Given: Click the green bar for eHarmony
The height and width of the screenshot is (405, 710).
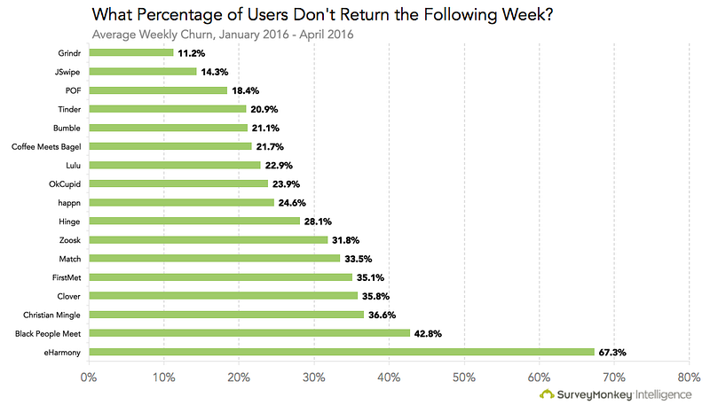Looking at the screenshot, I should (x=341, y=352).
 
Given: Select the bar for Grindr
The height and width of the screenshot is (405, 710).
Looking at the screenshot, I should (x=130, y=52).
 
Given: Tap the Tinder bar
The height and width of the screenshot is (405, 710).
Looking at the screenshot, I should (x=167, y=108).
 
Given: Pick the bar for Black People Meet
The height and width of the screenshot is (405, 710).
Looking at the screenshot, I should (x=248, y=333).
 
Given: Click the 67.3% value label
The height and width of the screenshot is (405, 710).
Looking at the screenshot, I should (x=613, y=352).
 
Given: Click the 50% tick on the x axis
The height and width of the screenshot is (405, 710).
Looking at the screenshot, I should (x=464, y=378).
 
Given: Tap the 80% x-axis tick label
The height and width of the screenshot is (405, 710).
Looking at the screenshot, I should (x=689, y=378).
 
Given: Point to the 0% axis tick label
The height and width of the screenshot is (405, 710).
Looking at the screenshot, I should (x=88, y=378).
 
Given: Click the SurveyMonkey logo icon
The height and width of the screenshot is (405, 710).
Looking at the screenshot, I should (x=547, y=394).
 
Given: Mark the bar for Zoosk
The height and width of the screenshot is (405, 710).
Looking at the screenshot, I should (x=208, y=239).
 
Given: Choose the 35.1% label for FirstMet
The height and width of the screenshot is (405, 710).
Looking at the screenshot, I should (x=373, y=276).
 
